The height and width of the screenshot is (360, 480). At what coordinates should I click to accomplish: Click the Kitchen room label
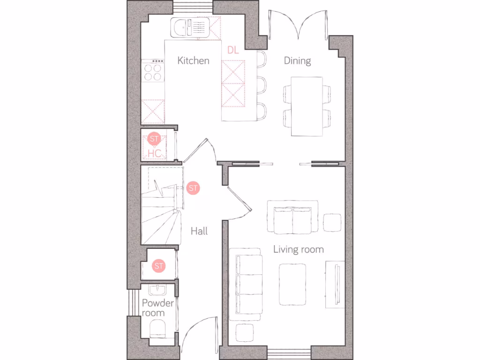pyautogui.click(x=193, y=61)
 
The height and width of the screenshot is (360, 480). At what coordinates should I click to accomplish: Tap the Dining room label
pyautogui.click(x=297, y=61)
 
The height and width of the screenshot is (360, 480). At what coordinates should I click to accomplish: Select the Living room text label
pyautogui.click(x=299, y=249)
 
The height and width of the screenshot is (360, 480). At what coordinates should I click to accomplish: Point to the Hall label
pyautogui.click(x=199, y=231)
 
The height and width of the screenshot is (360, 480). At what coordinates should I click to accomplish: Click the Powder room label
pyautogui.click(x=158, y=307)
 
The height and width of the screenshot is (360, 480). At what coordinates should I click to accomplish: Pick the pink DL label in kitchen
pyautogui.click(x=233, y=50)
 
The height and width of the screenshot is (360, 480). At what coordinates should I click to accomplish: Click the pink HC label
pyautogui.click(x=155, y=153)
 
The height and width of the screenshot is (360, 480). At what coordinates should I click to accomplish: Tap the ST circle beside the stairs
pyautogui.click(x=193, y=188)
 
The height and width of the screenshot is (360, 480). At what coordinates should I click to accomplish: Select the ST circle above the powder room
pyautogui.click(x=159, y=266)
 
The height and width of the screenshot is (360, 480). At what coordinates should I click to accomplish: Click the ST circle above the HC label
pyautogui.click(x=154, y=139)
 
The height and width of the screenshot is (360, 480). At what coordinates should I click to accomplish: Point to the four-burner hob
pyautogui.click(x=153, y=72)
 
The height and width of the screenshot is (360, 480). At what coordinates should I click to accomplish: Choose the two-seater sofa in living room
pyautogui.click(x=293, y=217)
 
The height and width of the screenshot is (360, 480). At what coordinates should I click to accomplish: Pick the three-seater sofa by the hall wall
pyautogui.click(x=246, y=284)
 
